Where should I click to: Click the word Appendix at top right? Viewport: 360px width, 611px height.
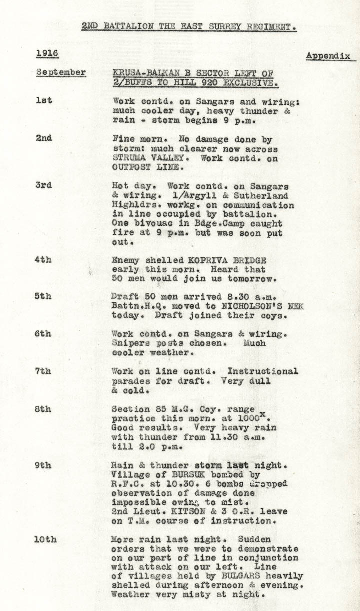pyautogui.click(x=328, y=56)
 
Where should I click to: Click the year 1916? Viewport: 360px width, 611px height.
pyautogui.click(x=47, y=53)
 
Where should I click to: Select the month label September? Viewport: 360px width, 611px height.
pyautogui.click(x=61, y=72)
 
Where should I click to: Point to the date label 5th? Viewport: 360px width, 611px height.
pyautogui.click(x=43, y=296)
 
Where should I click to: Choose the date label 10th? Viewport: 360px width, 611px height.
pyautogui.click(x=45, y=539)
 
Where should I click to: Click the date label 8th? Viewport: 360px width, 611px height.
pyautogui.click(x=43, y=409)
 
